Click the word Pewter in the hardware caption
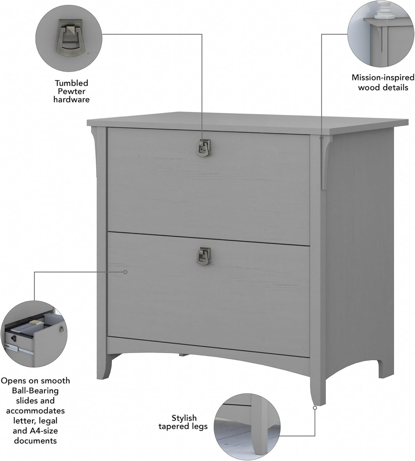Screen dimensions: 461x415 click(72, 91)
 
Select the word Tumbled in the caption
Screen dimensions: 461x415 click(72, 83)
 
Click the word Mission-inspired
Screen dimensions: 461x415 click(383, 77)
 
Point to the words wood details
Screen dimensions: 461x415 click(383, 88)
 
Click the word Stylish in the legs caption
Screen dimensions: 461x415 click(184, 418)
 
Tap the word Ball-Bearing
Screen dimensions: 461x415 click(35, 391)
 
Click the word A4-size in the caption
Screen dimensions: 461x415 click(43, 431)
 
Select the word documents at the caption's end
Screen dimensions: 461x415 click(35, 441)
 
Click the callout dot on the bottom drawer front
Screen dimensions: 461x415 click(125, 272)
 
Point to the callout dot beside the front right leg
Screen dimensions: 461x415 click(315, 408)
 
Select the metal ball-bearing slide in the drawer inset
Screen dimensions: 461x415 click(17, 349)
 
